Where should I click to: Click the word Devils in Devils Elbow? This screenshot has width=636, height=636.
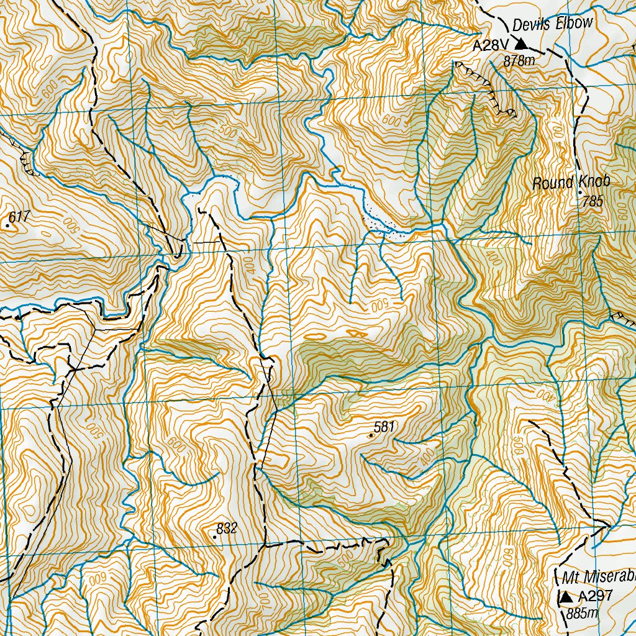pos(529,25)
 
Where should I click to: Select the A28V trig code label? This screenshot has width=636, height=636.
pos(491,45)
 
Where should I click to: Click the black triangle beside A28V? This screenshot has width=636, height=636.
pos(521,43)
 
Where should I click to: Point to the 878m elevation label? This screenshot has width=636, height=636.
pos(519,61)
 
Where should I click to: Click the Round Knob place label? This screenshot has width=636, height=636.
pos(571,183)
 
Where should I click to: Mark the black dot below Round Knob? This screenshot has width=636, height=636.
pos(580,192)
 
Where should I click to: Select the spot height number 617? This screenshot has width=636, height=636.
pos(20,217)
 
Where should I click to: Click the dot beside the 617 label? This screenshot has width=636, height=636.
pos(7,226)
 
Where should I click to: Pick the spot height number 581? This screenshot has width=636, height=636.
pos(384,427)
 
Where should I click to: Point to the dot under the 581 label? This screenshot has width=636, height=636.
pos(371,436)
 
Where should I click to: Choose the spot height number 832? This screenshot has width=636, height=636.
pos(227,529)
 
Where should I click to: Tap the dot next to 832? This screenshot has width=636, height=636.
pos(215,535)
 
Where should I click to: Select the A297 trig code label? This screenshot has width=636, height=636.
pos(595,597)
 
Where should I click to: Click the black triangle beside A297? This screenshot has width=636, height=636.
pos(566,597)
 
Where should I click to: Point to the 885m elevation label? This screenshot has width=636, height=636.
pos(581,614)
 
